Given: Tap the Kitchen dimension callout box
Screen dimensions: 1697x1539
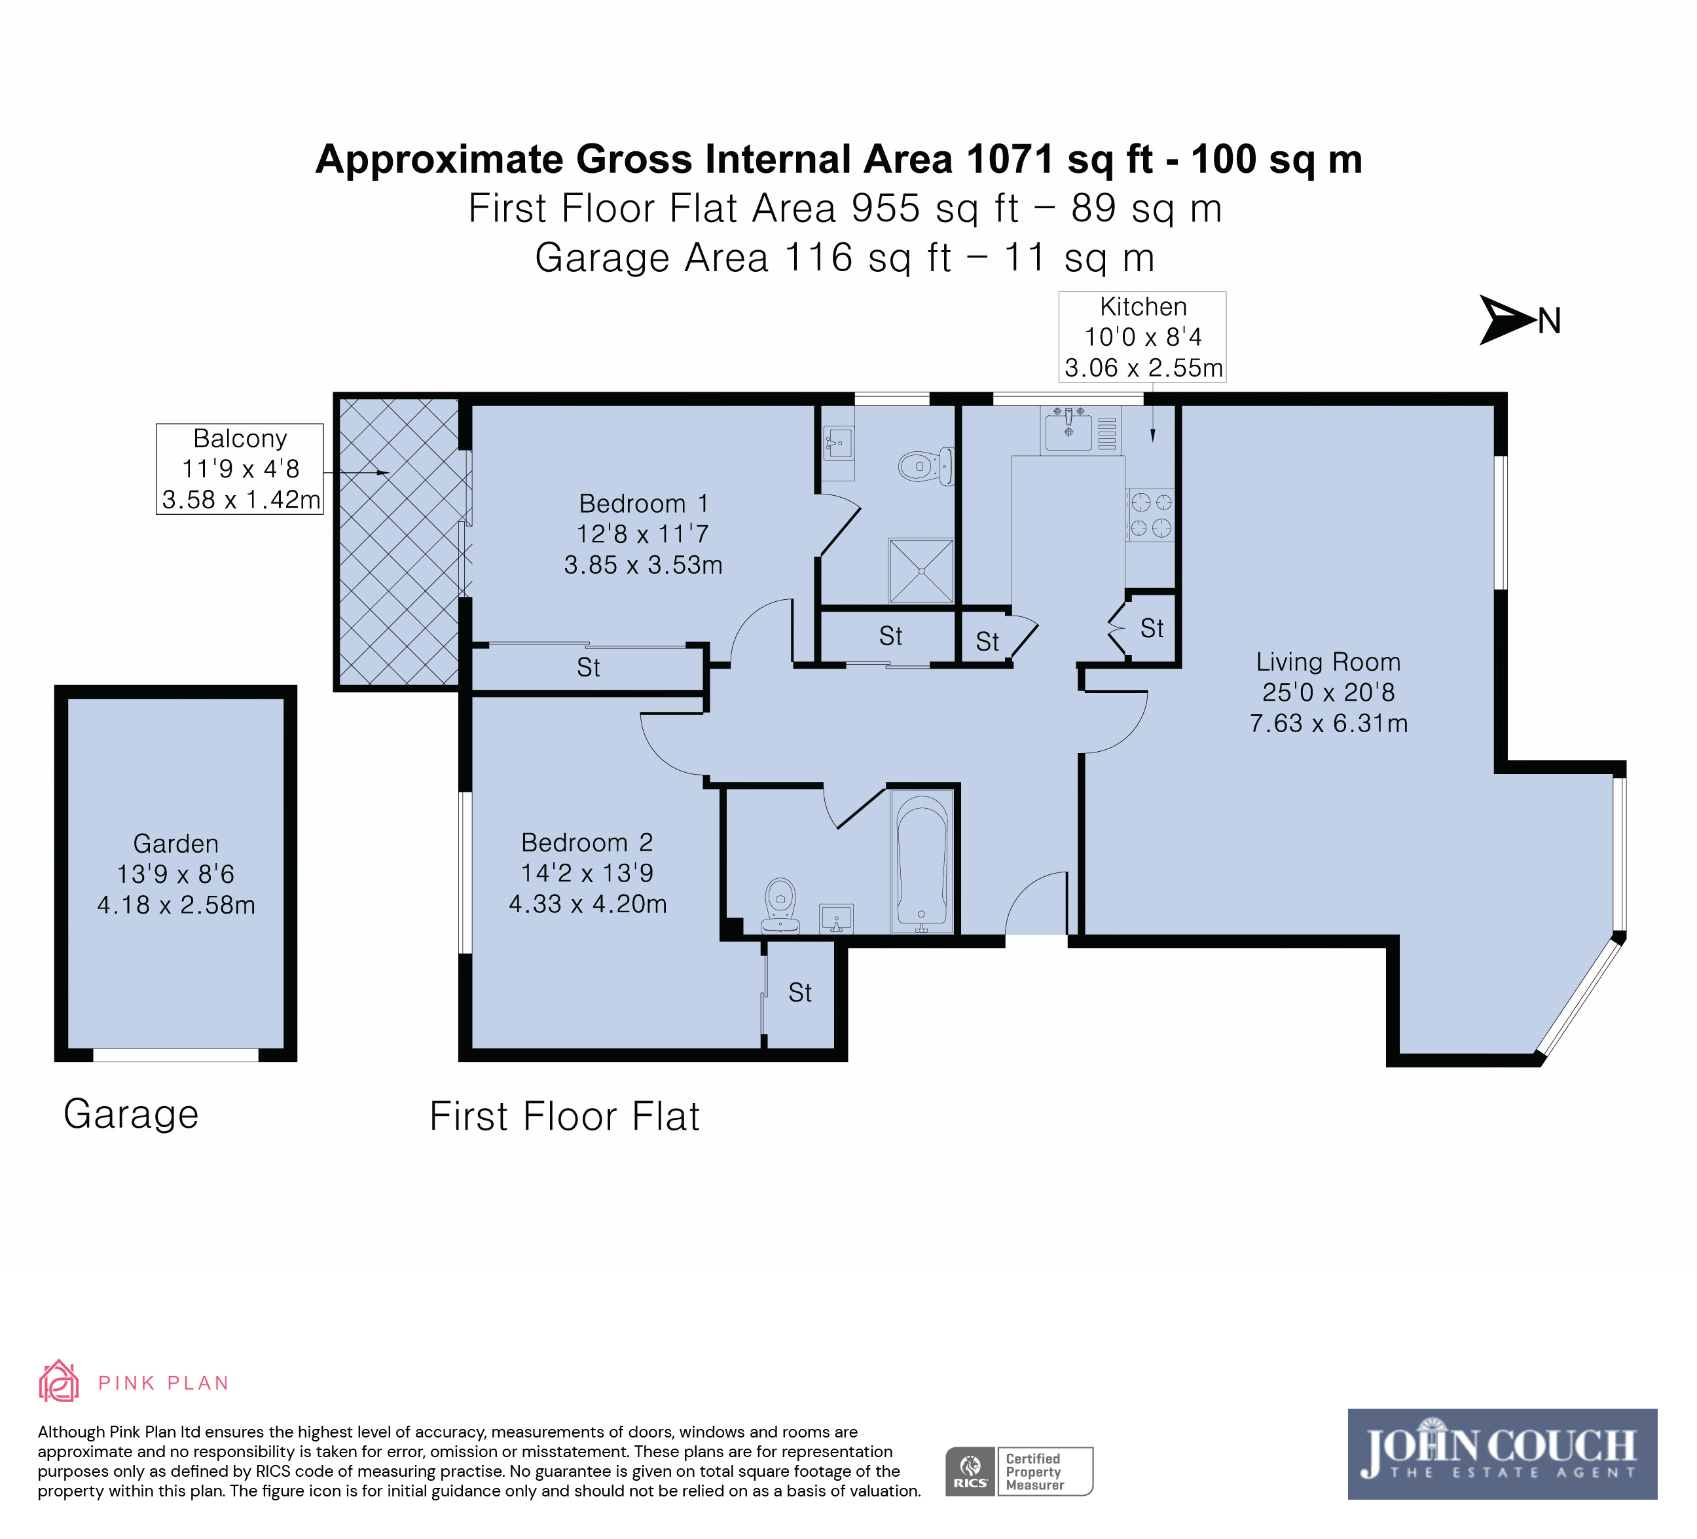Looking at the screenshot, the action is [x=1142, y=337].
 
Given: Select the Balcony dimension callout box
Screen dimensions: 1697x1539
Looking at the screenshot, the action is [x=240, y=469].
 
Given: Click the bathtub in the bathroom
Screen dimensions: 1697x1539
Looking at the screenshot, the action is [x=922, y=861].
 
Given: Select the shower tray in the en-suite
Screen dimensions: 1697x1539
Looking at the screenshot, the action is [x=922, y=571].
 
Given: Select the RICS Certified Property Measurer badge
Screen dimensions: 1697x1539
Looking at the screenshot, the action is [x=1019, y=1472].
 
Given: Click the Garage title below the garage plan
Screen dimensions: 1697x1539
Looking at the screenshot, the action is [x=132, y=1114].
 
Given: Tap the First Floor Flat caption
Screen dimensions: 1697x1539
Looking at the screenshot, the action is [x=564, y=1117].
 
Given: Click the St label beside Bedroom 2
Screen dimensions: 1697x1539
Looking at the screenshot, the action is [x=799, y=993].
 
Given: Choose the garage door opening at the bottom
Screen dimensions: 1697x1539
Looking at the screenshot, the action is [x=175, y=1055].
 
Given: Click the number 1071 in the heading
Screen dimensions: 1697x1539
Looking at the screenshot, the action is [x=1010, y=159].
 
